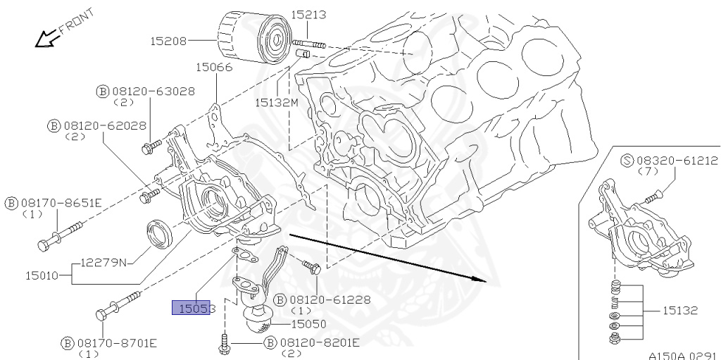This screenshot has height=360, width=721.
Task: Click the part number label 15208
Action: point(168,41)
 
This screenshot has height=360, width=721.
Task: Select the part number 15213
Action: point(311,14)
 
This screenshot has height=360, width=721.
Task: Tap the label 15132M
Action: point(277,102)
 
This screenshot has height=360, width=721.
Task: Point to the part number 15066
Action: point(214,68)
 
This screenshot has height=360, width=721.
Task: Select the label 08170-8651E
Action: point(53,204)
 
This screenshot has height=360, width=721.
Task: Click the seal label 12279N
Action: point(103,262)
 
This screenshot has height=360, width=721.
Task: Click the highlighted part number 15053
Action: point(191,308)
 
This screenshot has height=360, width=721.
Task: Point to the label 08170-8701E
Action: point(108,343)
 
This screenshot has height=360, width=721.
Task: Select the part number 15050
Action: point(311,323)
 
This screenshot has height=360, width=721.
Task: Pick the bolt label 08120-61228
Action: point(322,299)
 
